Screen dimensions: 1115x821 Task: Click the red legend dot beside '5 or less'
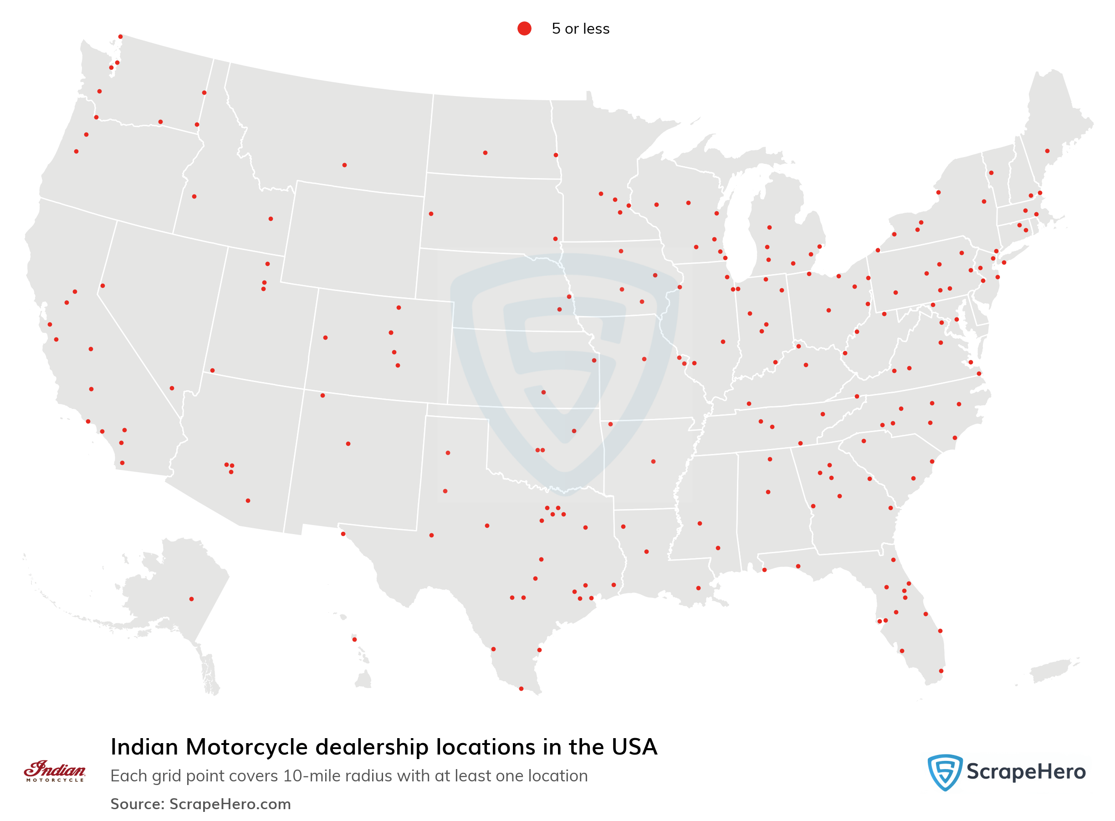click(524, 28)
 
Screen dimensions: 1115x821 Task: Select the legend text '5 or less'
click(580, 29)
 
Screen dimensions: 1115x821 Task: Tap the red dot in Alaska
click(191, 599)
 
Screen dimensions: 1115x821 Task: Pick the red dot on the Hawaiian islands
click(354, 639)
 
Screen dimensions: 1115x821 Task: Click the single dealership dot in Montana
click(344, 165)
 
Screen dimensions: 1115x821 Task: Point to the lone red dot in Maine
click(1048, 151)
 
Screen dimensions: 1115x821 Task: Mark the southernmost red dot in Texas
click(521, 688)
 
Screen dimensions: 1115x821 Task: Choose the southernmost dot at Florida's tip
click(941, 671)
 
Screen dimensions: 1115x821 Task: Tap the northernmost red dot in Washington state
click(120, 37)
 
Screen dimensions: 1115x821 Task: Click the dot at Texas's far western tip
click(343, 534)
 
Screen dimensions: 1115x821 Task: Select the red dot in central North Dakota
click(485, 153)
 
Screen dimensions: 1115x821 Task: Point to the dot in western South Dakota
click(431, 214)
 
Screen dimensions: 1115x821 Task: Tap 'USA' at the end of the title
click(634, 747)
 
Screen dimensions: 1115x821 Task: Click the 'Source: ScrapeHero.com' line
click(200, 804)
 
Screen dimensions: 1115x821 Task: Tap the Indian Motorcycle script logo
click(55, 770)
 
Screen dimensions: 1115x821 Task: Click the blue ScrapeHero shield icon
click(945, 772)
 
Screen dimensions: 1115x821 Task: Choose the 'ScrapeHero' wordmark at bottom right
click(1026, 772)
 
